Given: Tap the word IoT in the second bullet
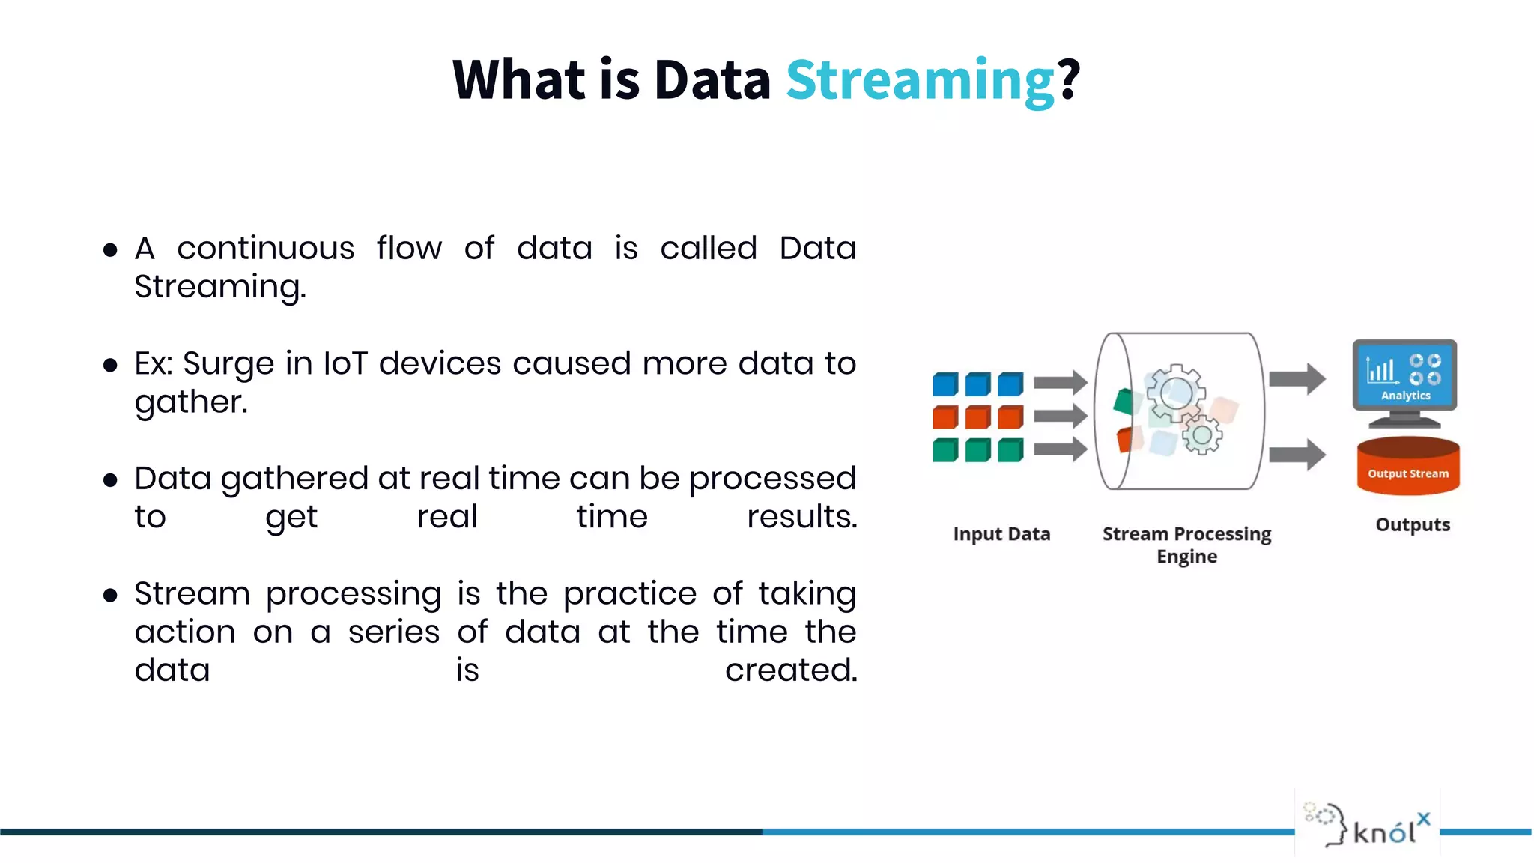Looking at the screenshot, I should (x=345, y=363).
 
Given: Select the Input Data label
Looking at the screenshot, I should (x=1001, y=534).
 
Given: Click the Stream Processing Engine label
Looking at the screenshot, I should (x=1186, y=545).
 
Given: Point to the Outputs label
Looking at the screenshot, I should (x=1413, y=524).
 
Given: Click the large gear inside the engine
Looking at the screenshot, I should (x=1175, y=393).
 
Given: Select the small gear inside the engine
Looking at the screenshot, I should (x=1202, y=434).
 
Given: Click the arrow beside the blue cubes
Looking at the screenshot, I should (x=1060, y=383).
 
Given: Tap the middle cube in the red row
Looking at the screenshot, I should (x=977, y=417).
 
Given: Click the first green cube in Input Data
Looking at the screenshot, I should (x=945, y=450).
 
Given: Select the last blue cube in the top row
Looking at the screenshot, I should (x=1010, y=384).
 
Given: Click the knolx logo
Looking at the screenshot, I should (x=1367, y=823).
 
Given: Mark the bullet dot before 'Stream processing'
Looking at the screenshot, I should (x=111, y=596).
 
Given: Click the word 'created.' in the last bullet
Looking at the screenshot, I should (x=790, y=670).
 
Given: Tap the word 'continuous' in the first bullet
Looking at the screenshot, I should (x=265, y=249).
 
